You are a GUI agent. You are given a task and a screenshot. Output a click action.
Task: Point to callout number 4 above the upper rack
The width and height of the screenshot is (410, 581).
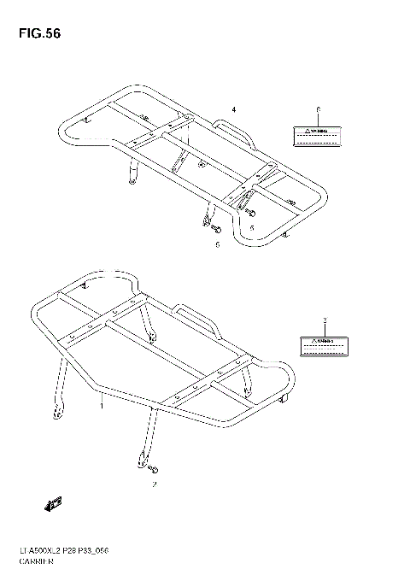click(232, 109)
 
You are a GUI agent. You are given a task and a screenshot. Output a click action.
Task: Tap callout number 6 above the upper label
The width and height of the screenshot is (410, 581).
click(318, 111)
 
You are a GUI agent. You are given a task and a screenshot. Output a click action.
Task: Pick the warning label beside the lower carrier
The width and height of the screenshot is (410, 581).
click(322, 344)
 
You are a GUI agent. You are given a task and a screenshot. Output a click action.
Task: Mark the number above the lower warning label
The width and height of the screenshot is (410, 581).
click(325, 320)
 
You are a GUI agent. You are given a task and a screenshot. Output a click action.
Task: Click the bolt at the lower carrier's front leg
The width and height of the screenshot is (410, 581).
click(155, 469)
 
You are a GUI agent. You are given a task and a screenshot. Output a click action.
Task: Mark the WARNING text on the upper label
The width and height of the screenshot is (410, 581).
click(313, 132)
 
